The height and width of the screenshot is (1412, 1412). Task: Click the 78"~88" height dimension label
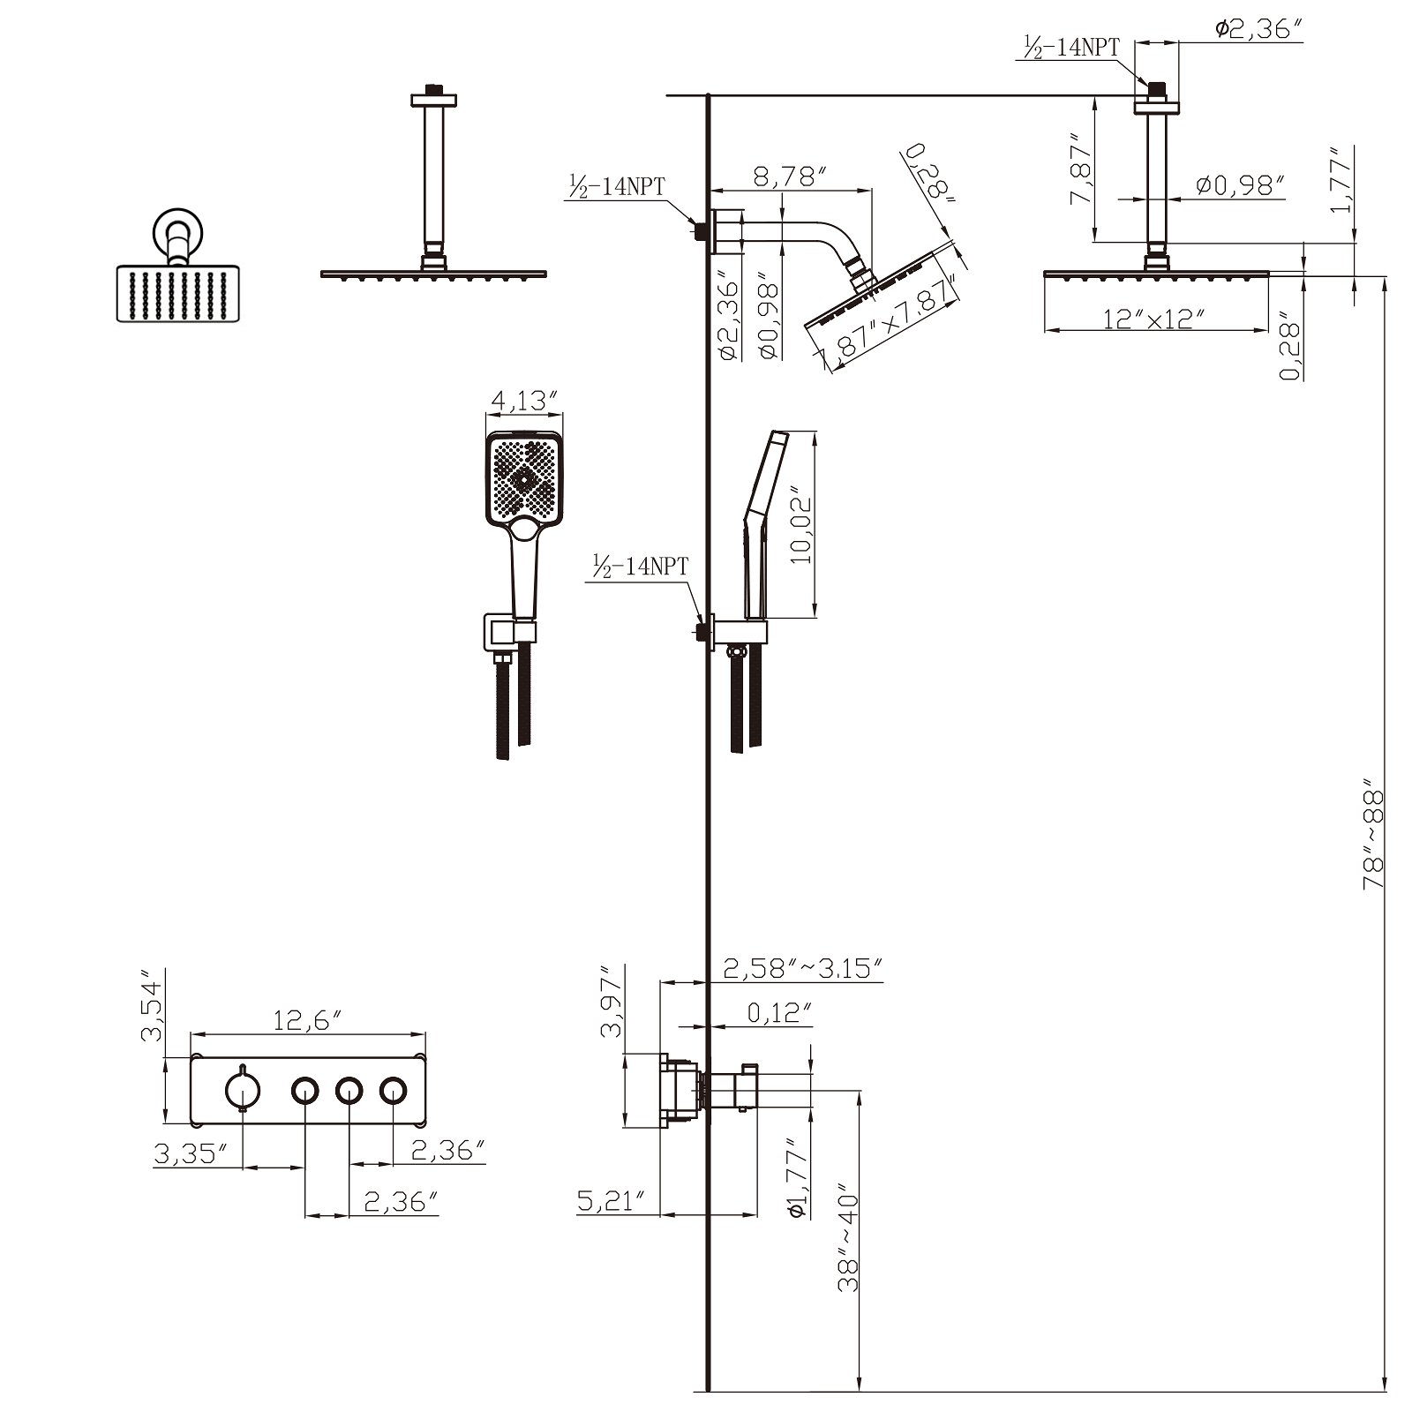tap(1374, 833)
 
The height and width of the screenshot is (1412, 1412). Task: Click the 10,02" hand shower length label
tap(800, 526)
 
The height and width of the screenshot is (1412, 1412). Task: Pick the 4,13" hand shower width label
tap(525, 401)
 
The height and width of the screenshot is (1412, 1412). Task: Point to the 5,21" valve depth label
tap(618, 1200)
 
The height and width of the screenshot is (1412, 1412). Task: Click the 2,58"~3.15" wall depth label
tap(803, 969)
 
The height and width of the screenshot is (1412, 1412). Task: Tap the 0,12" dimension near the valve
tap(779, 1012)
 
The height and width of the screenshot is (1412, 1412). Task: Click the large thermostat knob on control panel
tap(241, 1092)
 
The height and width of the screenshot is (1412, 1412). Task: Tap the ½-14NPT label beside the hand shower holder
tap(641, 567)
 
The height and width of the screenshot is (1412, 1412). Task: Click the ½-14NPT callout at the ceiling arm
tap(1070, 46)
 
